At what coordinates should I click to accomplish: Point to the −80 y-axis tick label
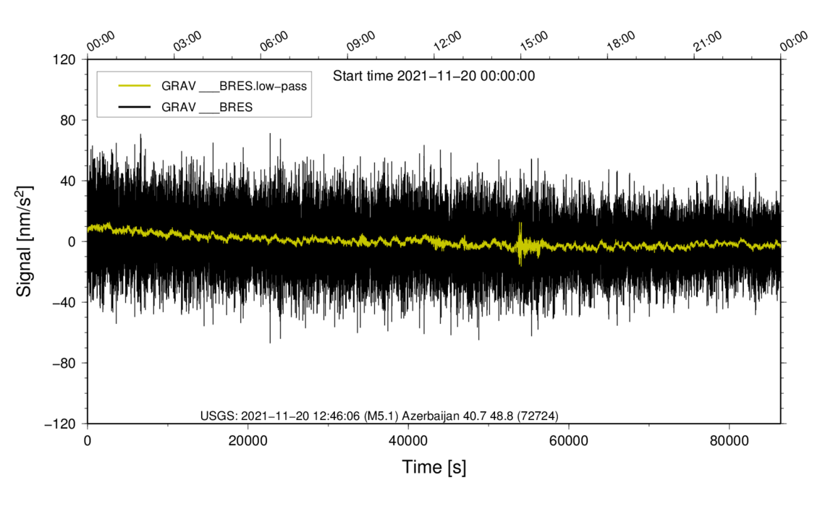tap(64, 363)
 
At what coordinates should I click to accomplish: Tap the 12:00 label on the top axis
tap(447, 41)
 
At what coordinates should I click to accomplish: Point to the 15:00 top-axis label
tap(534, 41)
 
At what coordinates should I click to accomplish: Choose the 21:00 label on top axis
tap(708, 41)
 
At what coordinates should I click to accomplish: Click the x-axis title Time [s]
tap(434, 468)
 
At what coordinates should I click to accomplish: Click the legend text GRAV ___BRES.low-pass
tap(234, 86)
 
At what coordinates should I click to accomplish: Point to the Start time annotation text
tap(434, 76)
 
